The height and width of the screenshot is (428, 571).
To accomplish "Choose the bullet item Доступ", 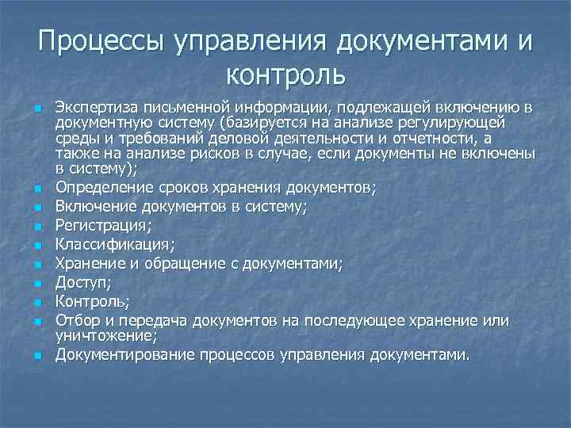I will coord(80,282).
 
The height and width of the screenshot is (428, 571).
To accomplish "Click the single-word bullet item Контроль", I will coord(90,301).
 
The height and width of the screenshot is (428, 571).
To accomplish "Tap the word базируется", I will coord(266,124).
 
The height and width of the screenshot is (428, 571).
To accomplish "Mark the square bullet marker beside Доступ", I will coord(37,283).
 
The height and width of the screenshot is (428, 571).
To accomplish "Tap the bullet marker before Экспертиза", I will coord(37,109).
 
